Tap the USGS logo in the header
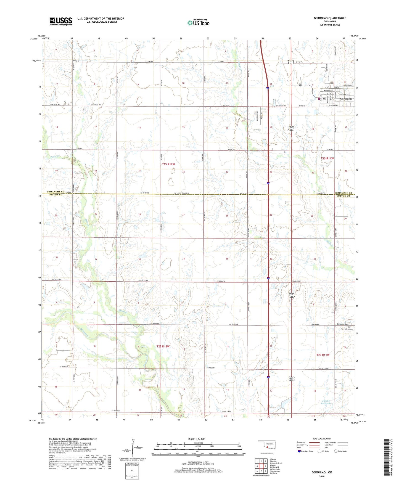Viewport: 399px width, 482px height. point(61,21)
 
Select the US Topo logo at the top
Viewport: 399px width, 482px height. point(198,23)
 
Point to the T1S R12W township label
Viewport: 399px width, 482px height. point(168,164)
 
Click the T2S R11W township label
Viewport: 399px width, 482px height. point(323,355)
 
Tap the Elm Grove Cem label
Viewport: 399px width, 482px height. point(342,324)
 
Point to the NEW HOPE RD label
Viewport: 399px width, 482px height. point(55,105)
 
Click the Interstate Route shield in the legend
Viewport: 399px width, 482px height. point(300,451)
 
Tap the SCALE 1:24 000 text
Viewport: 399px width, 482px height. point(196,439)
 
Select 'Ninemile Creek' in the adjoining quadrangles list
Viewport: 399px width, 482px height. point(276,463)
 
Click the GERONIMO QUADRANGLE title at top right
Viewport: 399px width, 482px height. point(330,18)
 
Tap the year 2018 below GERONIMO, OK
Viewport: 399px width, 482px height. point(322,476)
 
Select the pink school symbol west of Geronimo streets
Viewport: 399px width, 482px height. point(319,98)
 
